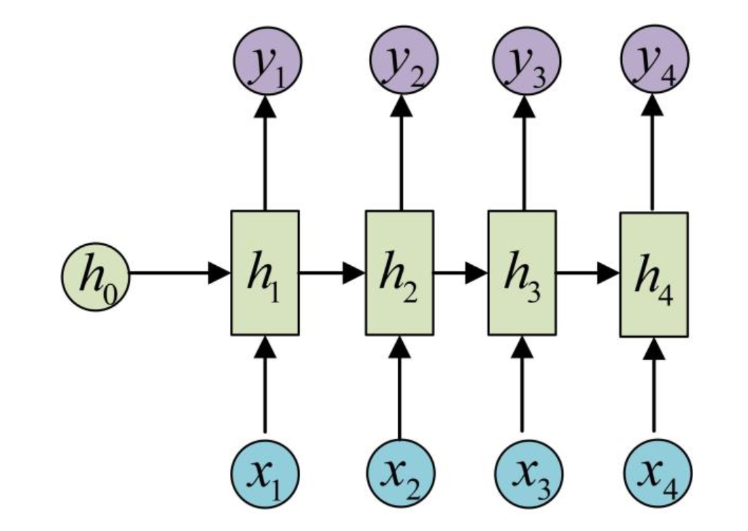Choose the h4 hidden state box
click(654, 274)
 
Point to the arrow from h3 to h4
click(586, 273)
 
